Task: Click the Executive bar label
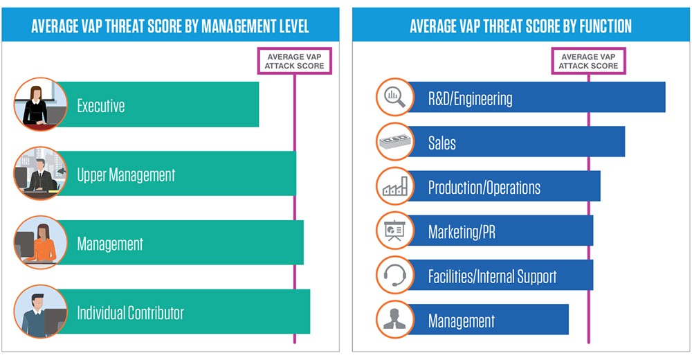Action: pyautogui.click(x=101, y=106)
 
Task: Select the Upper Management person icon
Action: pyautogui.click(x=40, y=174)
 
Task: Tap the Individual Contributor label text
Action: pyautogui.click(x=130, y=313)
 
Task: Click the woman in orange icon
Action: pyautogui.click(x=40, y=242)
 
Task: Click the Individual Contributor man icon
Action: pyautogui.click(x=40, y=312)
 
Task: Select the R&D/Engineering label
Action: pyautogui.click(x=471, y=98)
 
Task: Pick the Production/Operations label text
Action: pyautogui.click(x=484, y=188)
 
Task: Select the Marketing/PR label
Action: pyautogui.click(x=462, y=232)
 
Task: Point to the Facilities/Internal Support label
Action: pyautogui.click(x=492, y=277)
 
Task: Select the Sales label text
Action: pyautogui.click(x=442, y=143)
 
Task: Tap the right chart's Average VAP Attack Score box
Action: pyautogui.click(x=589, y=61)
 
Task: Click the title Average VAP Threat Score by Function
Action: pyautogui.click(x=520, y=26)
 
